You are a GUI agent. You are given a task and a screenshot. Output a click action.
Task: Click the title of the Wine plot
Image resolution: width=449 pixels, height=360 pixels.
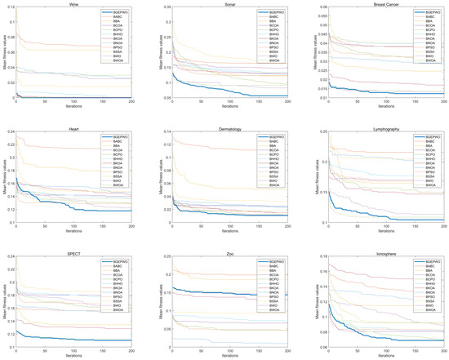tap(73, 4)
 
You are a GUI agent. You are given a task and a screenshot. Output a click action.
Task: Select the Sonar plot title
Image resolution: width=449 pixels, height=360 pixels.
tap(228, 4)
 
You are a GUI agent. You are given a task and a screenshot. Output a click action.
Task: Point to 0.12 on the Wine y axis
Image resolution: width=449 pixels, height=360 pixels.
tap(10, 9)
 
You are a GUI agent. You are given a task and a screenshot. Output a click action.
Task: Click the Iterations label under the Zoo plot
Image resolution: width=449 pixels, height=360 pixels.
tap(228, 355)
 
